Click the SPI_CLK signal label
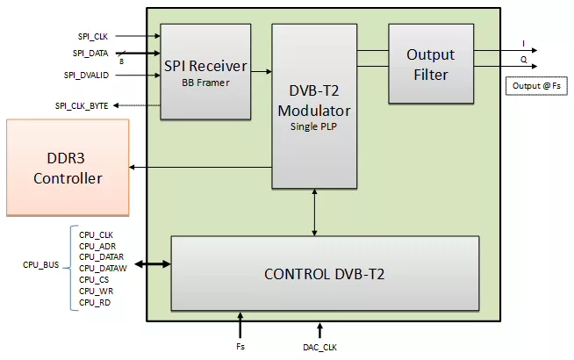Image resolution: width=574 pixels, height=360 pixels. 93,37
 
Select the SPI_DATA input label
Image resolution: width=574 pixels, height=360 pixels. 90,54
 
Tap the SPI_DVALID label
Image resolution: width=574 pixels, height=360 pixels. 86,76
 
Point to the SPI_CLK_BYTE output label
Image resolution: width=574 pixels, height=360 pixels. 82,106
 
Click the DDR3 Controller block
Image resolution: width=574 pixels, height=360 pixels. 68,168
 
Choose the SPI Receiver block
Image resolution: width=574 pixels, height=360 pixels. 205,72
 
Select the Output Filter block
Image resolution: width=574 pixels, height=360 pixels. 431,64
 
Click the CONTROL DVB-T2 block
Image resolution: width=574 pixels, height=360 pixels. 325,274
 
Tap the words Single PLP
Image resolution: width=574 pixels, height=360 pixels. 313,126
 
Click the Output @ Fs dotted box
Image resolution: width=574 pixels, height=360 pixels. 536,86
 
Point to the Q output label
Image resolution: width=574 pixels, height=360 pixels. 523,60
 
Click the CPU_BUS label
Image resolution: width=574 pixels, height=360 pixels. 40,265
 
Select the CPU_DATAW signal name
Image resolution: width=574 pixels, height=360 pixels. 103,269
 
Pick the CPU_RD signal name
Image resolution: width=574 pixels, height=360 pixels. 95,303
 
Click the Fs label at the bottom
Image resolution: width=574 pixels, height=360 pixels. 240,347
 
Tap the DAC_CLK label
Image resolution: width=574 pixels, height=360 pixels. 319,347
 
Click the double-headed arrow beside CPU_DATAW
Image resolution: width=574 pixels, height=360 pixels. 153,263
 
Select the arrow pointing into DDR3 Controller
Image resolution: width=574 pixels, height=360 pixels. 201,168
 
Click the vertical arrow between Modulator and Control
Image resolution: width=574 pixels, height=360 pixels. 314,212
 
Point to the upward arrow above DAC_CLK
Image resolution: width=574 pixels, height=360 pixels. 319,330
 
